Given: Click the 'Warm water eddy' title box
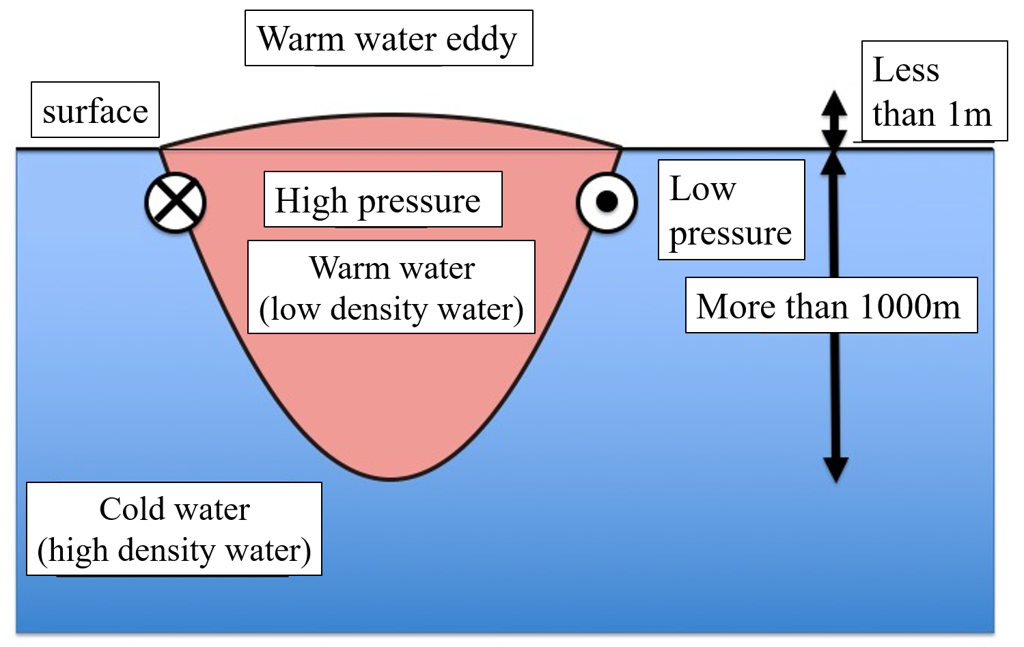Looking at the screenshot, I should [388, 38].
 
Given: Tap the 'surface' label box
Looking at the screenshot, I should [95, 111].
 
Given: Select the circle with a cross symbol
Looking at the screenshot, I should [176, 202].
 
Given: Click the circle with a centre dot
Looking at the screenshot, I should [607, 202].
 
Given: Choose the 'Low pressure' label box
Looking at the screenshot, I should [731, 210].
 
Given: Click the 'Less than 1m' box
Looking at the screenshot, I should [934, 91].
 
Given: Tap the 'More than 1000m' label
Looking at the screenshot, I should [831, 305].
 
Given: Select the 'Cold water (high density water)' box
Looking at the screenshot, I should [174, 529].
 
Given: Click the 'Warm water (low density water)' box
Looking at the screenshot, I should [391, 287].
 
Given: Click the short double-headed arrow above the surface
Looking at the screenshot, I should [834, 120].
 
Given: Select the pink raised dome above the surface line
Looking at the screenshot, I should [391, 132].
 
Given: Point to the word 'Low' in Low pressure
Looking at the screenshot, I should [703, 189].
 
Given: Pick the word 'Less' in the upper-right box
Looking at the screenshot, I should [906, 70].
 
